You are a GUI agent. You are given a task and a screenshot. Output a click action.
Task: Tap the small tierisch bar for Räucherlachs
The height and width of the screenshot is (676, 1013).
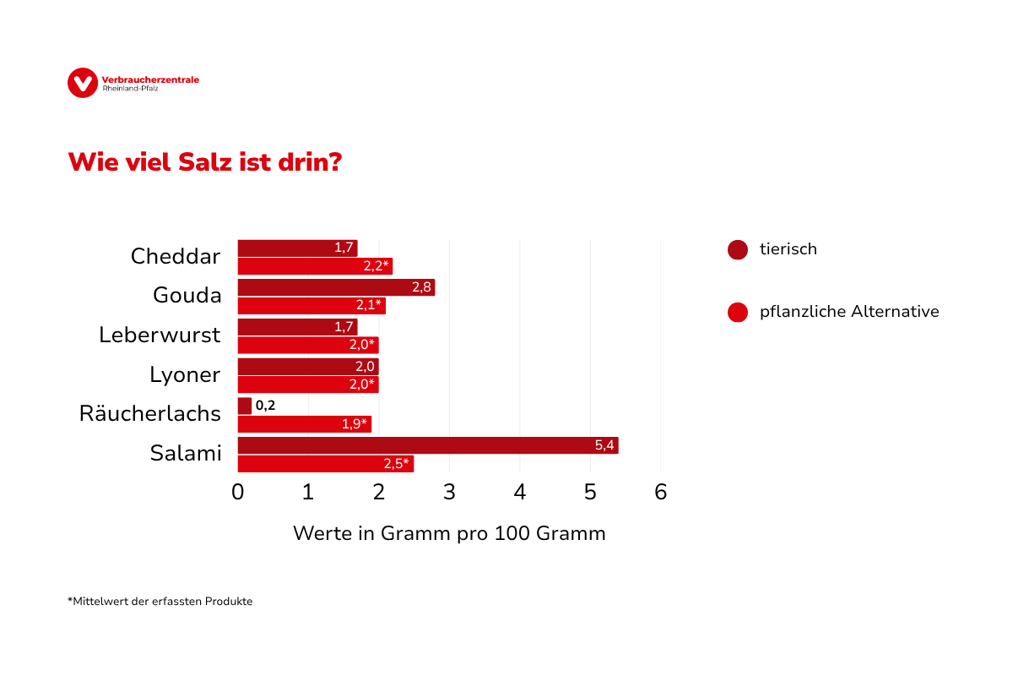[245, 406]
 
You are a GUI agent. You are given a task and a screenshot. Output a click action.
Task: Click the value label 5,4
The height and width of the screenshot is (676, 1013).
[604, 445]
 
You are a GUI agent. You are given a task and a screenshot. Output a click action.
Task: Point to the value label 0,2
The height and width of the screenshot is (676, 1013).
[265, 406]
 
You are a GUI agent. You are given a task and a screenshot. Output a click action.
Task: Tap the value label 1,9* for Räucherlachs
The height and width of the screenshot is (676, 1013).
[355, 424]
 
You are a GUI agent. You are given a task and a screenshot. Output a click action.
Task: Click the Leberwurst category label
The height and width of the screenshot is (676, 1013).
[160, 335]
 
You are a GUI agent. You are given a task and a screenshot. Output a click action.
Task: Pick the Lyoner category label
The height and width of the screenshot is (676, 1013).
[185, 374]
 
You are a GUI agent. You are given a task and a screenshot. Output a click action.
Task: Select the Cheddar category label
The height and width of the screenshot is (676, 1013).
[176, 256]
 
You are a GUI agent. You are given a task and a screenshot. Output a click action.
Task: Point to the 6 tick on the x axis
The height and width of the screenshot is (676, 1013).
[660, 492]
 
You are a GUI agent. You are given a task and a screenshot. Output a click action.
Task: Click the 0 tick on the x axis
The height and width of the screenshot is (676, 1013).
[238, 492]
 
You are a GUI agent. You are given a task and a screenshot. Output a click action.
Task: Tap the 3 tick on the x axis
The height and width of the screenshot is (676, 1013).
[449, 492]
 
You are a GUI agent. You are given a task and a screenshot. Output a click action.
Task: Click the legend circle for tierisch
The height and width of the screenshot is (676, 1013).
[738, 250]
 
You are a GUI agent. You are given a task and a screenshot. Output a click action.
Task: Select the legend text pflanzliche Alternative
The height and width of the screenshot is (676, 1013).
[849, 312]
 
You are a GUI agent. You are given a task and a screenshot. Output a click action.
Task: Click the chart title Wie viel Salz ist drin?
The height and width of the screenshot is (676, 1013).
[204, 161]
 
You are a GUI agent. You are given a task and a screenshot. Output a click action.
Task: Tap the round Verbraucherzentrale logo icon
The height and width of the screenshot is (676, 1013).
[83, 82]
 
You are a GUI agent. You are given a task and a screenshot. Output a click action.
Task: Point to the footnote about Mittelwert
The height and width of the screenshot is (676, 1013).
[160, 602]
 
